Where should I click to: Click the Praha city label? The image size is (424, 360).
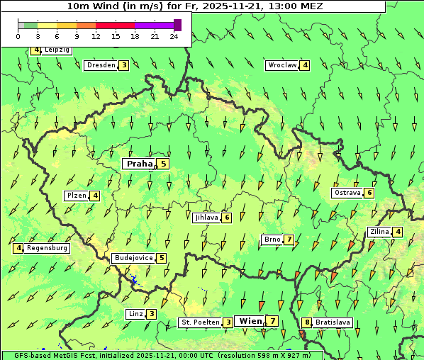tap(140, 164)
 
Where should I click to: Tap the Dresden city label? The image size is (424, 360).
tap(101, 65)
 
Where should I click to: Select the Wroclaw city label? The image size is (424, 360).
tap(281, 65)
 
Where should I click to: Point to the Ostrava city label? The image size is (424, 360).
tap(347, 193)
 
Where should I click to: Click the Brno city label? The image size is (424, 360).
tap(272, 240)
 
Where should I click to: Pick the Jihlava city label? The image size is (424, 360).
tap(206, 218)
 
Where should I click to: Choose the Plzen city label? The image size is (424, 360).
tap(76, 196)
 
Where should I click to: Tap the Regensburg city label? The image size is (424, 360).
tap(48, 248)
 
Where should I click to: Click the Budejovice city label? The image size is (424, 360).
tap(133, 258)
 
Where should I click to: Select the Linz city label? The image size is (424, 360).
tap(135, 314)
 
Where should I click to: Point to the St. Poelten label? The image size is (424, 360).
tap(200, 322)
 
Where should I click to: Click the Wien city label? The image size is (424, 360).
tap(250, 321)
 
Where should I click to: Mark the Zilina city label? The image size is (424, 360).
tap(379, 232)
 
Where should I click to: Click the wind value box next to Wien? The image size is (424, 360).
tap(273, 322)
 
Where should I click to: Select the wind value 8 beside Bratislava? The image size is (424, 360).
tap(307, 322)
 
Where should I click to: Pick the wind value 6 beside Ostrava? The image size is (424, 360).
tap(369, 193)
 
